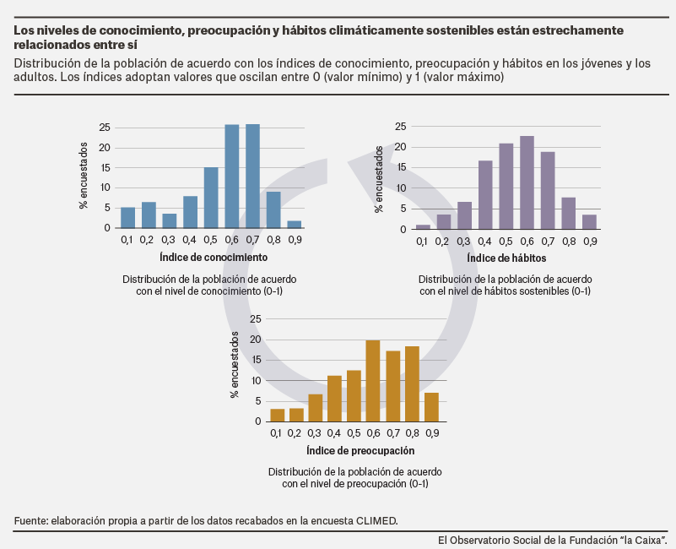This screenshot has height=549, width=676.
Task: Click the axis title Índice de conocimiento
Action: tap(214, 258)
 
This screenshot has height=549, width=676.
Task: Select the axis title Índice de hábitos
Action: tap(506, 258)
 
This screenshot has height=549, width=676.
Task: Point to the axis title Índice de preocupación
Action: tap(360, 450)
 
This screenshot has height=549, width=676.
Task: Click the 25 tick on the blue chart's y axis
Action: tap(105, 128)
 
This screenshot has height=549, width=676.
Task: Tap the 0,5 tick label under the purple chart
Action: tap(506, 242)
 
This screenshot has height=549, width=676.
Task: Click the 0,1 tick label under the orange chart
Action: tap(276, 433)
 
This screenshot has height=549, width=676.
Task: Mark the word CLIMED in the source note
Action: tap(376, 520)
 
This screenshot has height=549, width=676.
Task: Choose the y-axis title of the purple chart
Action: tap(379, 179)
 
